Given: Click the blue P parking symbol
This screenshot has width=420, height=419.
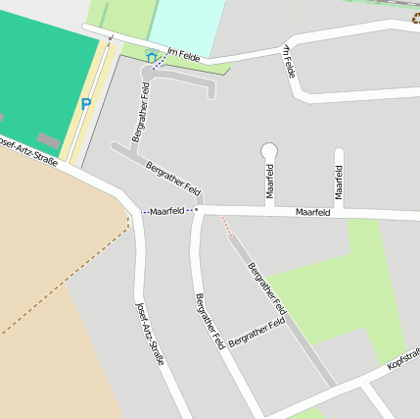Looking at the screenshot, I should point(85,103).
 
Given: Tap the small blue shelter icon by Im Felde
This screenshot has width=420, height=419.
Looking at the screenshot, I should point(151,57).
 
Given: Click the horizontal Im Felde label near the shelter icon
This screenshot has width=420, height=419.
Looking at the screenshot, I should point(183,56).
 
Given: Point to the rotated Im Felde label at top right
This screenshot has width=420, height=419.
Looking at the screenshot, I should point(289,61).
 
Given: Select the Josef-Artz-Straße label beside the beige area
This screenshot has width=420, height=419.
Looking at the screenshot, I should point(149,333).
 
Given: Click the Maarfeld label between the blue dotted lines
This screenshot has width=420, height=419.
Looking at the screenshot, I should point(167,211).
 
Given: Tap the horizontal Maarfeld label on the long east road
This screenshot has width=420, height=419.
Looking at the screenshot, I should point(312,211).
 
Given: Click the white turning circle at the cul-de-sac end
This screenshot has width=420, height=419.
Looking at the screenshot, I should point(269,150).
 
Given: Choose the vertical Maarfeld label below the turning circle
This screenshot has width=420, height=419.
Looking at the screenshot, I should point(269,180).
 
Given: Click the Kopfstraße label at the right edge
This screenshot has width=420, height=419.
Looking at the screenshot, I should point(403,357).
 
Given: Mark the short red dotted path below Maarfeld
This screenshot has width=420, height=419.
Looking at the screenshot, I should point(229,229).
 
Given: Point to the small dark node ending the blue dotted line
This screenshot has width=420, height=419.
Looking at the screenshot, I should point(196,209).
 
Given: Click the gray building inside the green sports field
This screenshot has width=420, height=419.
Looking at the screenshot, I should point(47,140).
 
